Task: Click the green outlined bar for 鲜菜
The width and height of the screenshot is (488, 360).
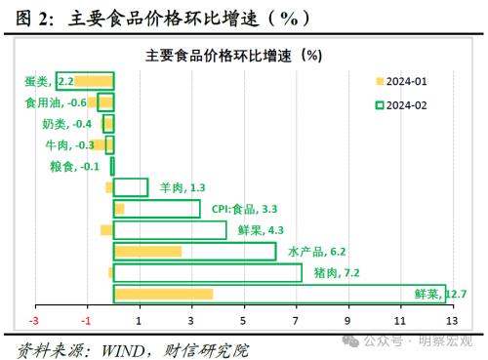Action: click(x=279, y=294)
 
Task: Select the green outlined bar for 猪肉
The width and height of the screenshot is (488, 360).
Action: click(x=207, y=272)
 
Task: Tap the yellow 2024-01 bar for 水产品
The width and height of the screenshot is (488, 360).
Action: click(x=147, y=252)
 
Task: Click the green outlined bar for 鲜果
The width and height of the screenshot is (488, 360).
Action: click(x=170, y=230)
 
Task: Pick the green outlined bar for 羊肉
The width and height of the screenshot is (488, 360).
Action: click(x=131, y=187)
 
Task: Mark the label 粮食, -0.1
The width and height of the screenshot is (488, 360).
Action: click(x=75, y=166)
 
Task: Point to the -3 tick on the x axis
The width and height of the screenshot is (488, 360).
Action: click(x=34, y=320)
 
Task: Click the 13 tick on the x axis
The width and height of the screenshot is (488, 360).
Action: click(x=451, y=320)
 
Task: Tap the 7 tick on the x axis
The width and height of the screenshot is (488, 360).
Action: click(x=296, y=320)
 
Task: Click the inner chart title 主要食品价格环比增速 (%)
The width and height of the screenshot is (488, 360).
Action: click(x=233, y=55)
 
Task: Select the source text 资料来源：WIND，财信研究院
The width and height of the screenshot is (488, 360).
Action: click(x=132, y=347)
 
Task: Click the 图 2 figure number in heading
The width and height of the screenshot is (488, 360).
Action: click(x=30, y=18)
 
